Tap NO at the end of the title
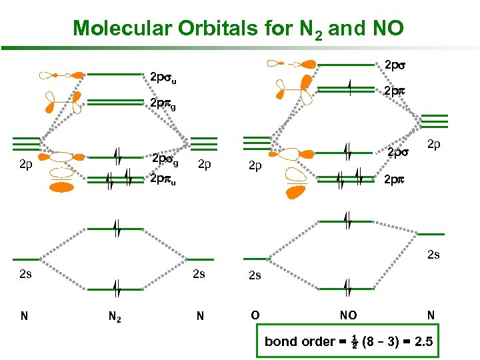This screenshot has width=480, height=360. pos(383,28)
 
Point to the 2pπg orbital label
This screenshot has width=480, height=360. pos(163,105)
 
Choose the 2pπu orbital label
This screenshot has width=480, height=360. pos(164,179)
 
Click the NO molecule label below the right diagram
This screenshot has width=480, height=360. pos(348,315)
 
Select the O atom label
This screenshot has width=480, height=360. pos(255,315)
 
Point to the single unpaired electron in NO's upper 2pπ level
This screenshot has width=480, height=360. pos(349,88)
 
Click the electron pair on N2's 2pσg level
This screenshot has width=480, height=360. pos(117,157)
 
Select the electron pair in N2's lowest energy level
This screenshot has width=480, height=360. pos(117,289)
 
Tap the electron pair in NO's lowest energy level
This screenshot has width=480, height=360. pos(347,289)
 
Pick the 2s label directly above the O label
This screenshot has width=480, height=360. pos(255,275)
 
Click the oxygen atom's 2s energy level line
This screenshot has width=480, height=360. pos(255,259)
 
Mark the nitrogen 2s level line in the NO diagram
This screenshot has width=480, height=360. pos(431,234)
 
